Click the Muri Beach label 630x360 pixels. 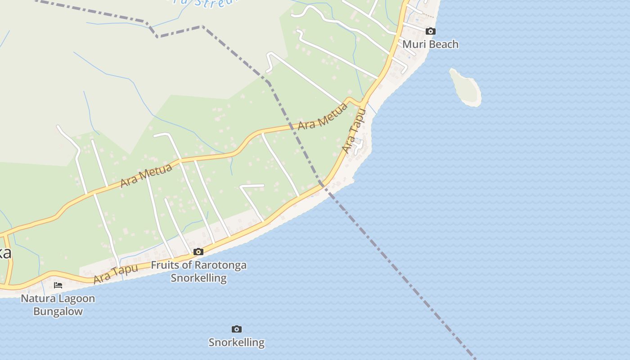click(430, 44)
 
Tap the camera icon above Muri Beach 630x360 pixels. click(431, 31)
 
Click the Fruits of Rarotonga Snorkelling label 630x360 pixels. click(198, 271)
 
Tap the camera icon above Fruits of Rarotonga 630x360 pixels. click(198, 252)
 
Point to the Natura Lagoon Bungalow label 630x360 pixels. click(58, 305)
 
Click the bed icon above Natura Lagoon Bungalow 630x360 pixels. click(58, 285)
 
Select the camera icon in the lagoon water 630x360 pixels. click(237, 329)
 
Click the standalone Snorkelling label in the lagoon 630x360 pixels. click(237, 342)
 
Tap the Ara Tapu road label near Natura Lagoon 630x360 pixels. click(115, 274)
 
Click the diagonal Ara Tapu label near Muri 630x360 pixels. click(354, 131)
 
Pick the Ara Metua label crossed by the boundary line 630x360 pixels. click(323, 117)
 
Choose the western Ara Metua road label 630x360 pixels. click(146, 175)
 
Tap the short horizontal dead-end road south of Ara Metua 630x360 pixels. click(252, 185)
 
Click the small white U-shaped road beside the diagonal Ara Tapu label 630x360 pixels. click(359, 145)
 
